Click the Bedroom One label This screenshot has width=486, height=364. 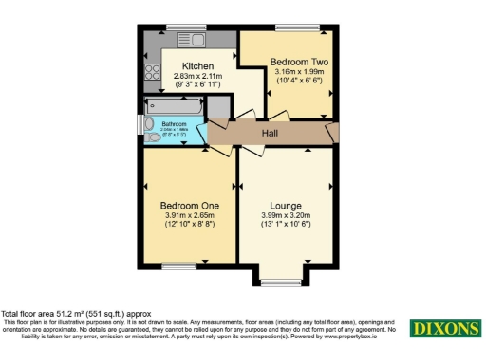pos(190,206)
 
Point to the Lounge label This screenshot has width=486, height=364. pos(285,206)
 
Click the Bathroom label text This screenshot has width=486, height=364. pos(174,124)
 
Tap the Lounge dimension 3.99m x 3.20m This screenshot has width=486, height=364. pos(285,216)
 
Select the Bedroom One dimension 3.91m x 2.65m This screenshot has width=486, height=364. pos(190,216)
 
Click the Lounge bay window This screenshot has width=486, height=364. pos(280,282)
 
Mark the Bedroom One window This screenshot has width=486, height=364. pos(178,266)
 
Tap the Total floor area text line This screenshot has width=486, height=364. pos(76,314)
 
